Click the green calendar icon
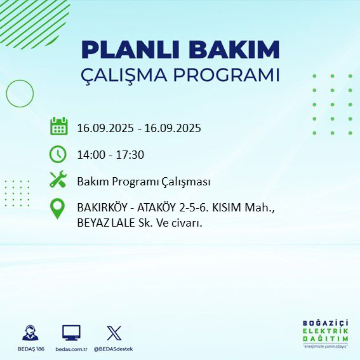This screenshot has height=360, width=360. point(58,126)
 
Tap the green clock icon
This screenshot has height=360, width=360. point(58,154)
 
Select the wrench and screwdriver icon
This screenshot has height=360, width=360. point(58,180)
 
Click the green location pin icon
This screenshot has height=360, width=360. point(58,209)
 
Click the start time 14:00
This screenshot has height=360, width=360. point(90,154)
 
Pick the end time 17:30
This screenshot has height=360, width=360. point(130,154)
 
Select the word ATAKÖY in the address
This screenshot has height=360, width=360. point(158,208)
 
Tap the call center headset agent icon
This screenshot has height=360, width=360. point(29,333)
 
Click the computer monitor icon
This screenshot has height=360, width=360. point(71,333)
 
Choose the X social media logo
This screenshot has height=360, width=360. point(114,333)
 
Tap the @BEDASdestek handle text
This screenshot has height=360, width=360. point(114,349)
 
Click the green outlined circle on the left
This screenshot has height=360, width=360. point(20,93)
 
